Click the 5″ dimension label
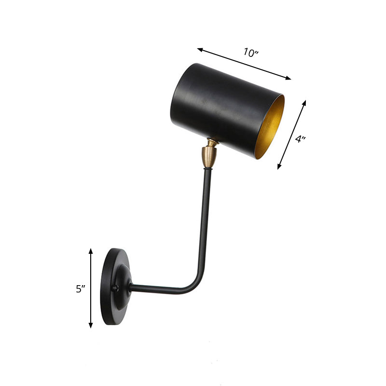click(x=80, y=289)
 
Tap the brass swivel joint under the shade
click(x=209, y=154)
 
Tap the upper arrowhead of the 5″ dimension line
click(x=91, y=250)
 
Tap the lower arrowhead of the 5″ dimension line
click(x=91, y=326)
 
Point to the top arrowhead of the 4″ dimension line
click(x=305, y=102)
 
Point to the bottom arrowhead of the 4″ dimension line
click(x=279, y=167)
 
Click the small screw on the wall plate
click(x=115, y=289)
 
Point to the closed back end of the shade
click(x=177, y=96)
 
